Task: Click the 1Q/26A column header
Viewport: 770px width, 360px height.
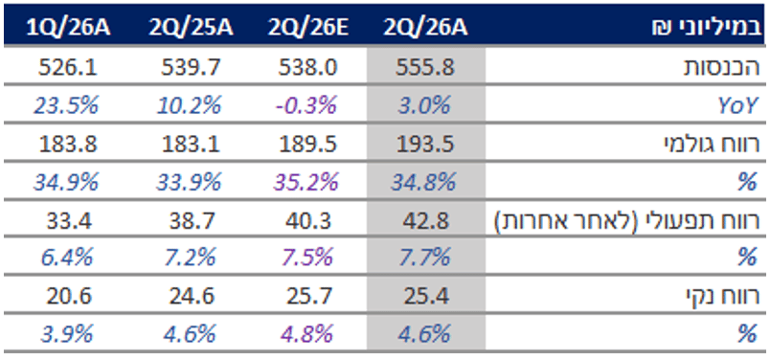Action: [68, 28]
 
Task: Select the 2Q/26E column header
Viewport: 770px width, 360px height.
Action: [307, 28]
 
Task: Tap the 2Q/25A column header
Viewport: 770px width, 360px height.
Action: [191, 28]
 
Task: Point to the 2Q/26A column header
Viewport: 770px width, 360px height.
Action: [426, 28]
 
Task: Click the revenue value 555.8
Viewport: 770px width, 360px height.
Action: [425, 68]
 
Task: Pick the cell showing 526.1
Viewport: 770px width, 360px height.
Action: [68, 68]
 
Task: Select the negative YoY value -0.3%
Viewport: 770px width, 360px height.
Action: [306, 105]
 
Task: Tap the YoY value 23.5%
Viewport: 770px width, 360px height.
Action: [66, 105]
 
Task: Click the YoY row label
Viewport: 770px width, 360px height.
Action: [739, 106]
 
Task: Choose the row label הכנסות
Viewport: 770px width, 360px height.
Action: [722, 68]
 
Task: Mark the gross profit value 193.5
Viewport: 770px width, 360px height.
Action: [425, 145]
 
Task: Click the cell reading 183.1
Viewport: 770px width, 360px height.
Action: [191, 145]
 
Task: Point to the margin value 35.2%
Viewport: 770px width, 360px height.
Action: [306, 183]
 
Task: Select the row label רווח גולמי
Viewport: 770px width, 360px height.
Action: [712, 145]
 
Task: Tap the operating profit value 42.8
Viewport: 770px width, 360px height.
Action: [425, 221]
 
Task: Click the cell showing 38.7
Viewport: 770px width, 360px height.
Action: [191, 221]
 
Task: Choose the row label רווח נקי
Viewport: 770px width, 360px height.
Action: [723, 296]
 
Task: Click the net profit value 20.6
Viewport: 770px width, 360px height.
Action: [68, 296]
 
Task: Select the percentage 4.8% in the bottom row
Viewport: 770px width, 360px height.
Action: [306, 334]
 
